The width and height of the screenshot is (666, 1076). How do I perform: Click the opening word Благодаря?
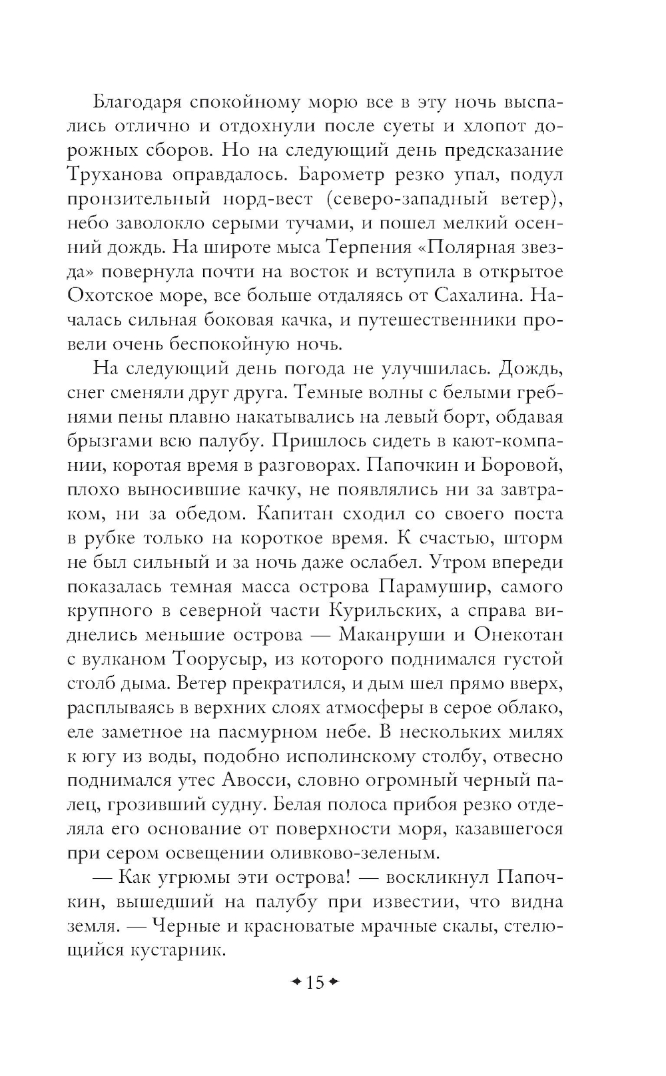pos(136,103)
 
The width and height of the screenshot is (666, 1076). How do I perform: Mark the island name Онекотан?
pos(517,635)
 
